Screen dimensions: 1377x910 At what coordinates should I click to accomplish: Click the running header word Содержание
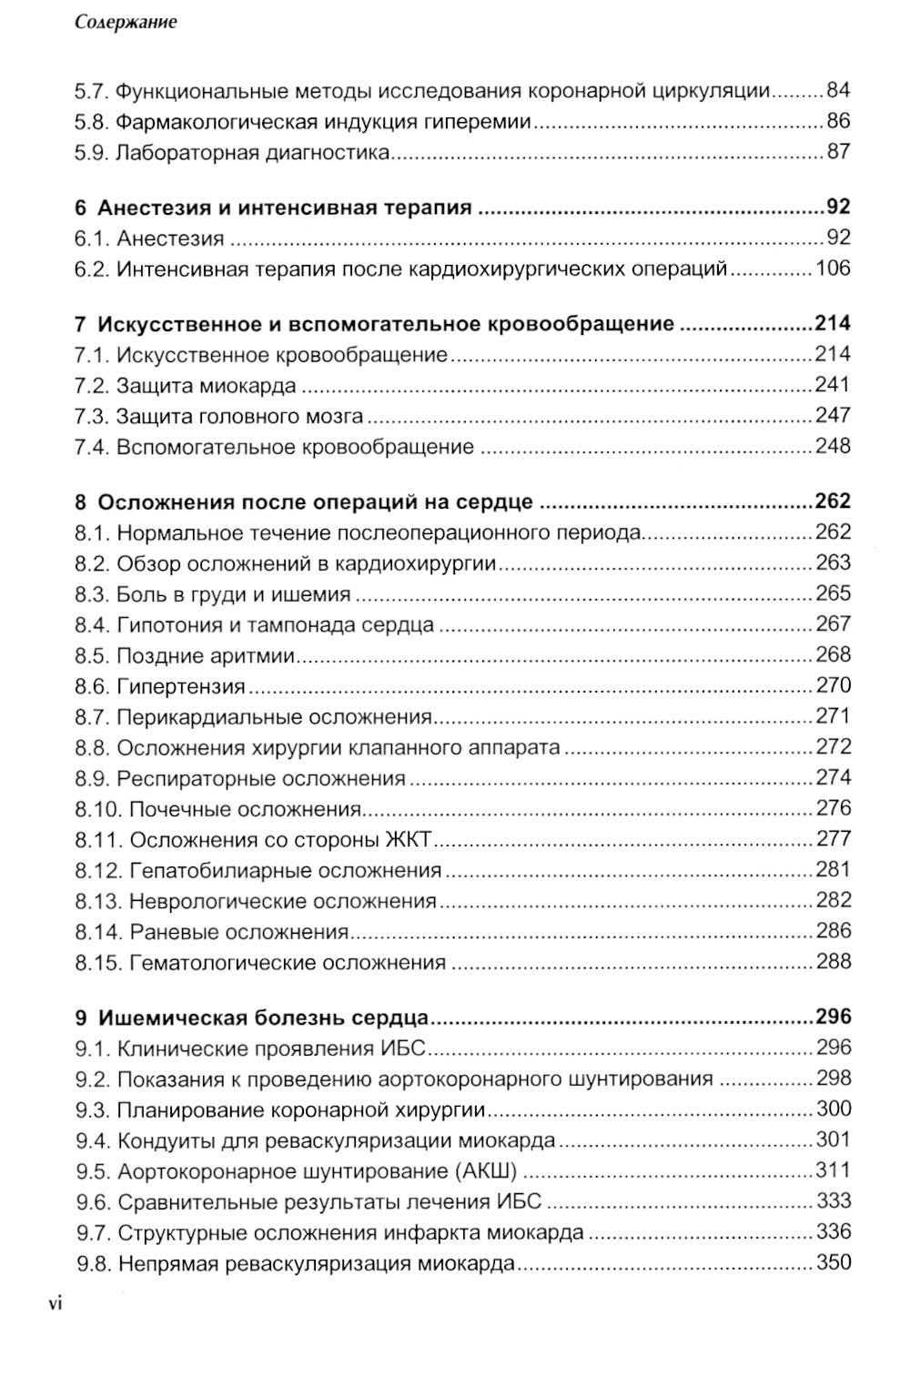pyautogui.click(x=126, y=23)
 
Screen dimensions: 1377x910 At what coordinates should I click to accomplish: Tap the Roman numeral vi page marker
pyautogui.click(x=56, y=1304)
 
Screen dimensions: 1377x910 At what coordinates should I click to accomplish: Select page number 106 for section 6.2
pyautogui.click(x=833, y=268)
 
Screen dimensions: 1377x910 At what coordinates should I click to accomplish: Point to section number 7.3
pyautogui.click(x=92, y=416)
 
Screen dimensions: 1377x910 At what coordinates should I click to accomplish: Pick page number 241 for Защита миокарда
pyautogui.click(x=833, y=385)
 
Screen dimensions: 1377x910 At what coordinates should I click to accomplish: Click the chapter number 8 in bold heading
pyautogui.click(x=81, y=502)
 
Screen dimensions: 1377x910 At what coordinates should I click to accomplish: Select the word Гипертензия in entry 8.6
pyautogui.click(x=181, y=686)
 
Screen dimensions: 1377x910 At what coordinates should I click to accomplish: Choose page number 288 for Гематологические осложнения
pyautogui.click(x=833, y=962)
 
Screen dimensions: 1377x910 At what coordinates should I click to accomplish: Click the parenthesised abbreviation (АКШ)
pyautogui.click(x=484, y=1171)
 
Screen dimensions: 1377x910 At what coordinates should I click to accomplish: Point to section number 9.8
pyautogui.click(x=93, y=1263)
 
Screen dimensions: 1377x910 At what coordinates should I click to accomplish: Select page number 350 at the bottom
pyautogui.click(x=833, y=1263)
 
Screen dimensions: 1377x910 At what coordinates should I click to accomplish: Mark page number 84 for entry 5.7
pyautogui.click(x=838, y=90)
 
